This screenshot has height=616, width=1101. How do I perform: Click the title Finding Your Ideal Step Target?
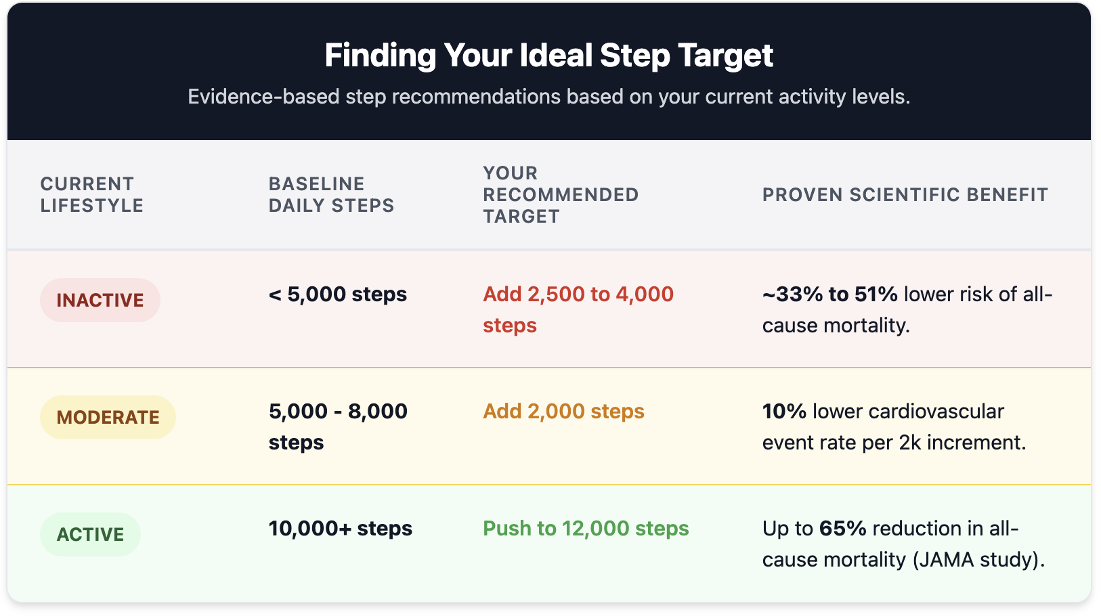tap(548, 56)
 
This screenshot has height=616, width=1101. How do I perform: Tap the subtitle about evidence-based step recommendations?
tap(548, 97)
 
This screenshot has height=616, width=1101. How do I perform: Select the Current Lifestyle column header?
tap(91, 195)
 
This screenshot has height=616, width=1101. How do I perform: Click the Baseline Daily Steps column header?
tap(331, 195)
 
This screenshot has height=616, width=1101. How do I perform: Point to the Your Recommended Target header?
tap(560, 195)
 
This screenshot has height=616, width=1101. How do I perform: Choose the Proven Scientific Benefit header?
tap(905, 195)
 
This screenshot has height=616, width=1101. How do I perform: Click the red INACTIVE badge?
tap(100, 301)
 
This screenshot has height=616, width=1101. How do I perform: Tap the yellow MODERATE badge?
tap(108, 418)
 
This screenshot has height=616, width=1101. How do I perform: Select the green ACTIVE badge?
tap(90, 535)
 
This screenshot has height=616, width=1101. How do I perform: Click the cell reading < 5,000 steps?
tap(337, 294)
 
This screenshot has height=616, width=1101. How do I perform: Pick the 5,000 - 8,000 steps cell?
tap(337, 426)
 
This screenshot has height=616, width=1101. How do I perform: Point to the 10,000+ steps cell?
tap(340, 529)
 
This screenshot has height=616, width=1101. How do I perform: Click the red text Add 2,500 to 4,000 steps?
tap(578, 309)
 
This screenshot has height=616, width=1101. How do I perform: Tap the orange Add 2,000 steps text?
tap(563, 412)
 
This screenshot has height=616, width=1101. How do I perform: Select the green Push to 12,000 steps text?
tap(586, 529)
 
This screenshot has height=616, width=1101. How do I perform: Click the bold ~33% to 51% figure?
tap(829, 294)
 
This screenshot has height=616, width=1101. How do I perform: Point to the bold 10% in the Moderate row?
tap(784, 412)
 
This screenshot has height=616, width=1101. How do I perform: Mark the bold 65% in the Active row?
tap(842, 529)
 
